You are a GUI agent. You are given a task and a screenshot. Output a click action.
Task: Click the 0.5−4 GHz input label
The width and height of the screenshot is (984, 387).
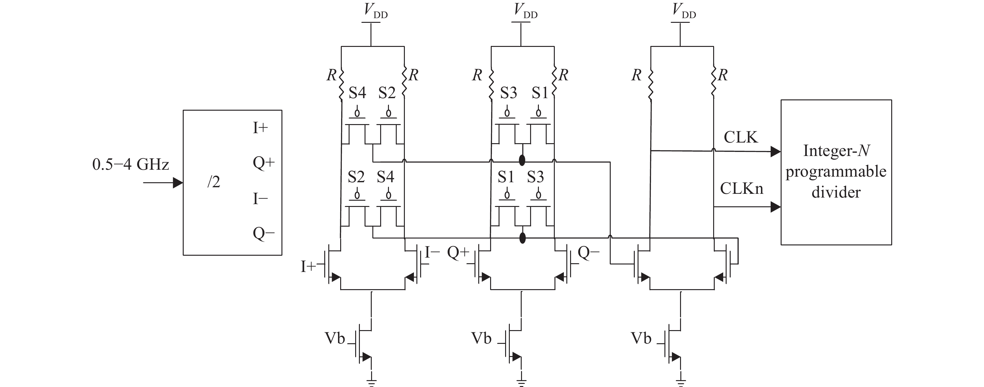tap(131, 165)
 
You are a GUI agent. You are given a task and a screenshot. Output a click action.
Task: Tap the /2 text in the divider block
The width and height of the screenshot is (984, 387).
tap(214, 182)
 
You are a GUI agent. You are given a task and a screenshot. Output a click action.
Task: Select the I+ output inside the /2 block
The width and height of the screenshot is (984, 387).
tap(260, 128)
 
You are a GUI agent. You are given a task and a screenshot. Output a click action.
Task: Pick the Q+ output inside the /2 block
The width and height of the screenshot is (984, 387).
tap(264, 163)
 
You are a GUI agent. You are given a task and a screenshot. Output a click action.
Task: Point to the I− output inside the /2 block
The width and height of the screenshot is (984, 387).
tap(260, 199)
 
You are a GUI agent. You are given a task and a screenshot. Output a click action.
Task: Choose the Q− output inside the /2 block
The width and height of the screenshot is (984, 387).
tap(264, 233)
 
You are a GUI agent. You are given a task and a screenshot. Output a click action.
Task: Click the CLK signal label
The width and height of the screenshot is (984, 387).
tap(740, 137)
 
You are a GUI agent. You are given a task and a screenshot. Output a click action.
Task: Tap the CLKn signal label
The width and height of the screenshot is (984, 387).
tap(742, 188)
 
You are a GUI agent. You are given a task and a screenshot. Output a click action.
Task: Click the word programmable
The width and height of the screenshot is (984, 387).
tap(836, 172)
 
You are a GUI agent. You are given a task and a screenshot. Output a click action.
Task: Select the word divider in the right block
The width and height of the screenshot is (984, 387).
tap(836, 192)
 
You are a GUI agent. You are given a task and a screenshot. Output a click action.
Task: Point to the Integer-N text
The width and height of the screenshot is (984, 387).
tap(836, 151)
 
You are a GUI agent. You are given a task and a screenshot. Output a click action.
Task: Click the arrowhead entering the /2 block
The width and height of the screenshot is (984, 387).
tap(178, 183)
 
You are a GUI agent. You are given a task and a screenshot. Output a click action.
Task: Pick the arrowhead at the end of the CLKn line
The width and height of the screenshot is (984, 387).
tap(775, 207)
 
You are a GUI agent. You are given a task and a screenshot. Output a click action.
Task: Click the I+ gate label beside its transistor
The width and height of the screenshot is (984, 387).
tap(308, 267)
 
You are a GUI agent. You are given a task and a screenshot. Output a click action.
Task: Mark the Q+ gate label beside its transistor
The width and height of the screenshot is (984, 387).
tap(458, 252)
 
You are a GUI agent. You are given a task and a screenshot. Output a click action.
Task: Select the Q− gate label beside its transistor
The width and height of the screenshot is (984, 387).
tap(588, 252)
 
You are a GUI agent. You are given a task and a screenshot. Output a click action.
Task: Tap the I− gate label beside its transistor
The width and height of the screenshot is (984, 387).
tap(432, 252)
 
